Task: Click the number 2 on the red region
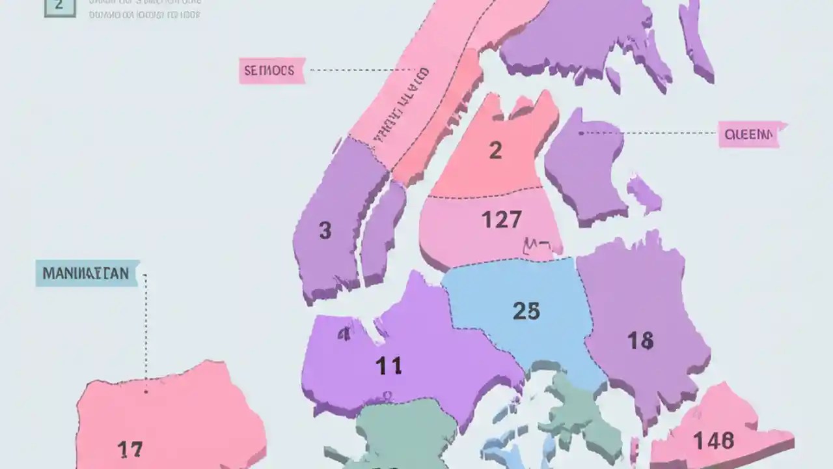tap(495, 150)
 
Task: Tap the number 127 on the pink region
tap(501, 220)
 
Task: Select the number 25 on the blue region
tap(526, 311)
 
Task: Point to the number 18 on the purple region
tap(640, 340)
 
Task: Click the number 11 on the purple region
tap(389, 366)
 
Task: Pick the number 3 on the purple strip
tap(325, 230)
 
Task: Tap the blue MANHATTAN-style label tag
tap(87, 273)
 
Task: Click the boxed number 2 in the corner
tap(59, 6)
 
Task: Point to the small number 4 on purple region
tap(343, 334)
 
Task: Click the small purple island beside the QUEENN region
tap(644, 193)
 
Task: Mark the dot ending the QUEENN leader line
tap(580, 133)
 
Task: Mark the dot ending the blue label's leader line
tap(146, 391)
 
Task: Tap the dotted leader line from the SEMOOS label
tap(361, 70)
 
